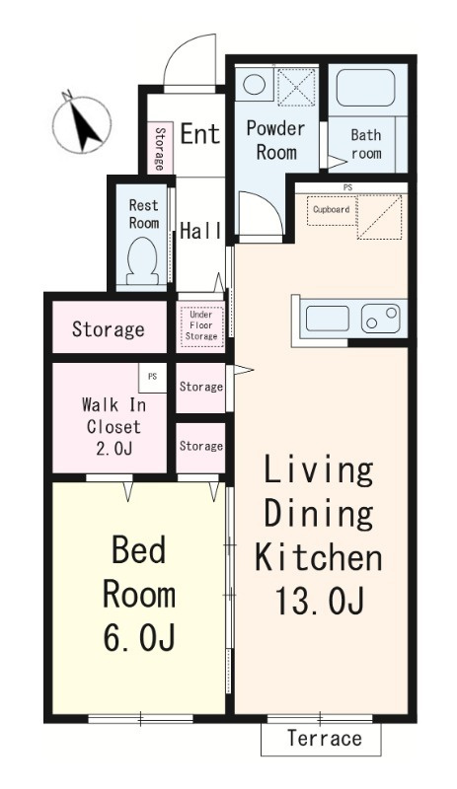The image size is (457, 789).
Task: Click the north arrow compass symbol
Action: point(82,123)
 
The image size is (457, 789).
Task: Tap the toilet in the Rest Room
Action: point(143,262)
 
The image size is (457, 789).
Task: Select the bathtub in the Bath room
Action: point(366,88)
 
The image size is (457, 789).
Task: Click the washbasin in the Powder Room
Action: point(254,84)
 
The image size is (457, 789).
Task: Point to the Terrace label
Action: point(325,738)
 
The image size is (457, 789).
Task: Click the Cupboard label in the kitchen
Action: point(331,209)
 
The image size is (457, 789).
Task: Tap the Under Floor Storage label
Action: point(201,325)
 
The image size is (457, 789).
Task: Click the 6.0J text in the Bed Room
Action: point(139,638)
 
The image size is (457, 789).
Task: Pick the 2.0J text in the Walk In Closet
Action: point(114,448)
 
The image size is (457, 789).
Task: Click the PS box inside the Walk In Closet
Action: point(153,378)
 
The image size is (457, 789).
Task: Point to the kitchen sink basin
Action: point(327,319)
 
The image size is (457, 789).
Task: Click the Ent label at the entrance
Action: point(200,134)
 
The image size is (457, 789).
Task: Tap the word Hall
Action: point(201,231)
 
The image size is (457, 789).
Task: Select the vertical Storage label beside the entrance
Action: point(159,149)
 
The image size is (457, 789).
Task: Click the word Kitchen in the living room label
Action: point(319,557)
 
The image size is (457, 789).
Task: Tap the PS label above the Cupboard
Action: point(347,187)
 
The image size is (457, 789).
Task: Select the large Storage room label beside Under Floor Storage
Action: point(109,329)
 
